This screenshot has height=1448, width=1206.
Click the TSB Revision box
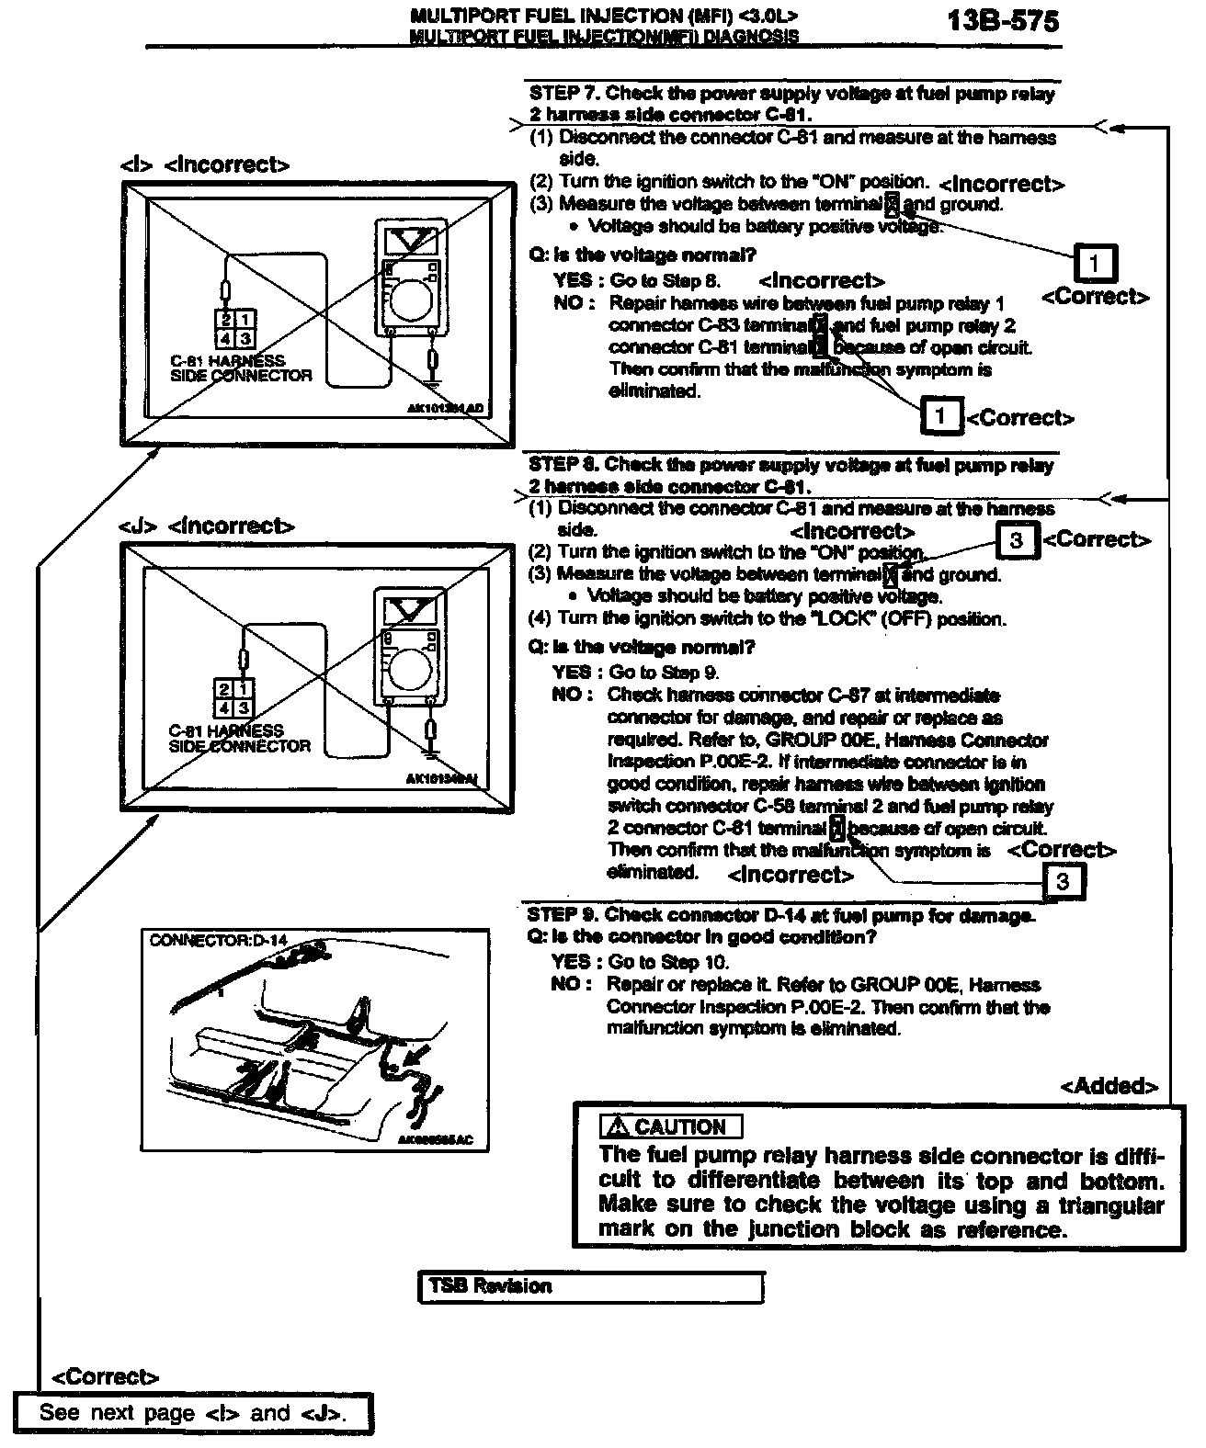590,1286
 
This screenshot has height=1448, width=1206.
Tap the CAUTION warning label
671,1126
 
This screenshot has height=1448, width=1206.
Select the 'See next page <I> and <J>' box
193,1413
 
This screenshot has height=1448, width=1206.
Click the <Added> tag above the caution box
1109,1086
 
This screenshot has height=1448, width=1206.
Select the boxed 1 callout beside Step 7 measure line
1094,265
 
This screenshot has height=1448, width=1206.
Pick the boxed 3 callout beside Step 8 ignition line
1017,540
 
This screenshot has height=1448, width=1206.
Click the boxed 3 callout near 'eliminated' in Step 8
1063,882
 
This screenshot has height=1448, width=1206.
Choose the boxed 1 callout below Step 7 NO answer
940,416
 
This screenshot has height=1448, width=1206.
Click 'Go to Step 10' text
668,962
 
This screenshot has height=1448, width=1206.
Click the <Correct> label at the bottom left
105,1376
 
